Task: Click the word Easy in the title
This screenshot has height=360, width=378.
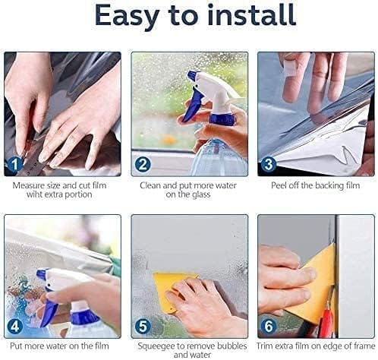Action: [127, 16]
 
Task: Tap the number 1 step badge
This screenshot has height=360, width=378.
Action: [15, 165]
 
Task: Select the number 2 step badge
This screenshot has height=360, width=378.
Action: [143, 165]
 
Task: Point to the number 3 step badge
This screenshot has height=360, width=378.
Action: [269, 165]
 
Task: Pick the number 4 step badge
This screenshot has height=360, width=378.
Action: [15, 327]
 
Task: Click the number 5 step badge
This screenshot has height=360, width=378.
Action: [143, 327]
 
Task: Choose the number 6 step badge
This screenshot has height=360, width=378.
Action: [269, 327]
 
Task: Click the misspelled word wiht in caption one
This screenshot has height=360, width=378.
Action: [34, 194]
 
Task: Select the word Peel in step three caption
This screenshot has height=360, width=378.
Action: [279, 185]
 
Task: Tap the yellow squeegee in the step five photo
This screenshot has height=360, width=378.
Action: [167, 287]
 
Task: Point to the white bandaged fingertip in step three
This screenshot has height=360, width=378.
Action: [291, 68]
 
